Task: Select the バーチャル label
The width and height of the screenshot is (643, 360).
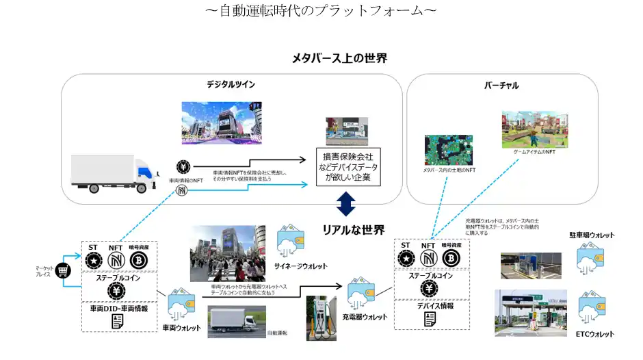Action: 501,86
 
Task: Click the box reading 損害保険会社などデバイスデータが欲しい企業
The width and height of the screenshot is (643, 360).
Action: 346,168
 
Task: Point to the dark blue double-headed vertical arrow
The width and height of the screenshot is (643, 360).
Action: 346,203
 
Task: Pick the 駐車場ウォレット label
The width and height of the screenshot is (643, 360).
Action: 592,235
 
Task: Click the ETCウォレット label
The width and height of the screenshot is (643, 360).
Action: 594,334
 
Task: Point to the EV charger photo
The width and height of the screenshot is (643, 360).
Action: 320,318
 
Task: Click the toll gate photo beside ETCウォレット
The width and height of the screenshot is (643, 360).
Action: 531,313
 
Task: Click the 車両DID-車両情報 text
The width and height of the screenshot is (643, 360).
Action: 119,309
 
